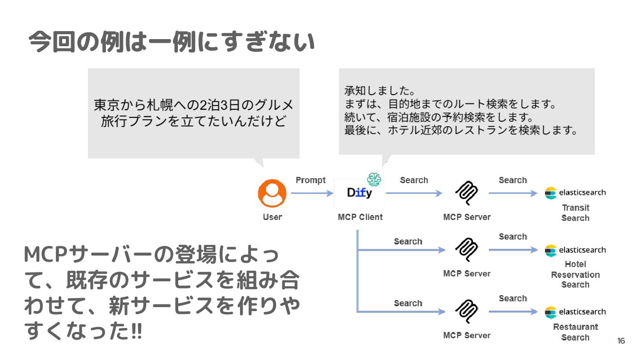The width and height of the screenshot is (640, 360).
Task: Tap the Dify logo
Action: coord(360,193)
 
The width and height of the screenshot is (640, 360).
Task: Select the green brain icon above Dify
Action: coord(374,179)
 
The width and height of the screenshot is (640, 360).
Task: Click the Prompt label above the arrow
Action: coord(311,180)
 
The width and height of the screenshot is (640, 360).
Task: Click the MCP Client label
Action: coord(360,217)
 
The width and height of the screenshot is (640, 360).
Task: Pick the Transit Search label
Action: coord(575,213)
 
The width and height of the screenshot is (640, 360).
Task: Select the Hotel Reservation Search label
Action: coord(575,274)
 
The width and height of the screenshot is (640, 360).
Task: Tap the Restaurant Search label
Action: coord(575,332)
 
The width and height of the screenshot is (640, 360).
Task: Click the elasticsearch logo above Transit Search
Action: coord(575,193)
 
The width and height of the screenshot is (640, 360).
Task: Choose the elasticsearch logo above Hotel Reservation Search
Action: coord(575,250)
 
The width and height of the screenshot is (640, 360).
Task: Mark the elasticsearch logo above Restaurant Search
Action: coord(575,312)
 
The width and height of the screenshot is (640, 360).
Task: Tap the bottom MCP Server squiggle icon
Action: coord(467,312)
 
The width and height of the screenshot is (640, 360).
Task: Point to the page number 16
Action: coord(621,341)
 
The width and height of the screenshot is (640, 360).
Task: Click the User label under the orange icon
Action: coord(272,217)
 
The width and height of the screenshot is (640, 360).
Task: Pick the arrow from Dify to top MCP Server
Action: coord(414,193)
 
